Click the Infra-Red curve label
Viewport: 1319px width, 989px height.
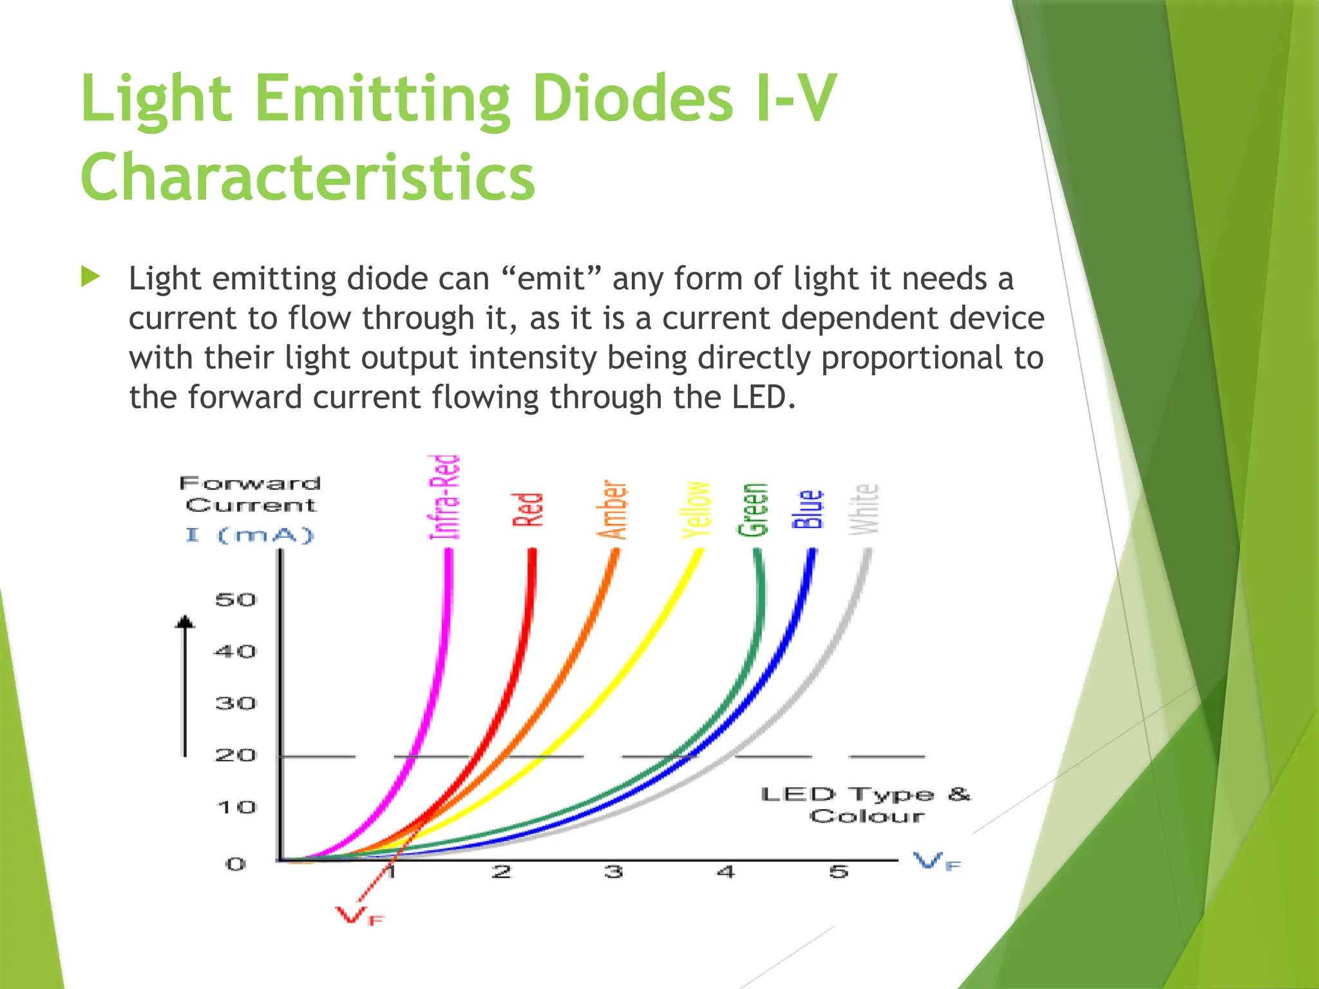pos(444,496)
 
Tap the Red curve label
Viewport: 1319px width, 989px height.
pos(528,509)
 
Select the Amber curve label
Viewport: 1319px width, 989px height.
pos(612,509)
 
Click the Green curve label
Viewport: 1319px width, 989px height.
pos(754,509)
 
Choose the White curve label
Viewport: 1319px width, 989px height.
pos(864,509)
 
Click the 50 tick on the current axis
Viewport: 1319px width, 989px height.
pos(236,600)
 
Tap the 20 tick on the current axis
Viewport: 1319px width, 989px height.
pos(236,755)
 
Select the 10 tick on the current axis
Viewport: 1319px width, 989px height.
pos(236,807)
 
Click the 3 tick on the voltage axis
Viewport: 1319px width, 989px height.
pos(614,872)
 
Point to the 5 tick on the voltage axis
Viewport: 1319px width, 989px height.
pos(839,872)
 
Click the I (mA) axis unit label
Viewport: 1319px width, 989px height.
pos(249,535)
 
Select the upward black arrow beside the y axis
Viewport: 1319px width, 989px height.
pos(185,686)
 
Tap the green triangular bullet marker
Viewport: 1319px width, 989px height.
pos(91,278)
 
